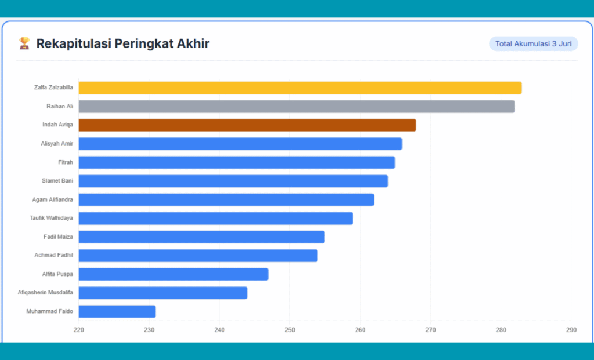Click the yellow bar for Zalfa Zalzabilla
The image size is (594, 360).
tap(300, 88)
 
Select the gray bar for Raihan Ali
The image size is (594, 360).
tap(296, 107)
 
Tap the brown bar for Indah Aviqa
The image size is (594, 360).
tap(247, 125)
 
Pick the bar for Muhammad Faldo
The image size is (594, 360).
tap(117, 312)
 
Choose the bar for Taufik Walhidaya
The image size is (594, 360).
tap(216, 219)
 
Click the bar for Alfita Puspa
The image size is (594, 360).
tap(173, 274)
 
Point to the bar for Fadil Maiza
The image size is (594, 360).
tap(201, 237)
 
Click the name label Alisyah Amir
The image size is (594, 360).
tap(57, 144)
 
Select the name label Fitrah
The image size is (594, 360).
tap(66, 162)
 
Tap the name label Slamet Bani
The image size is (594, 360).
tap(57, 181)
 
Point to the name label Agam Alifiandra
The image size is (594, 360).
tap(53, 200)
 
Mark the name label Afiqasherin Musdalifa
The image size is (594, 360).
tap(45, 293)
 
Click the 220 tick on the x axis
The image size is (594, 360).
tap(79, 330)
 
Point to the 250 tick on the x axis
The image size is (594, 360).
tap(290, 330)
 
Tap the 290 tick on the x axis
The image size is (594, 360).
tap(571, 330)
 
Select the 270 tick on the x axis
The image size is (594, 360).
tap(430, 330)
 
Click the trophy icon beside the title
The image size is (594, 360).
tap(24, 43)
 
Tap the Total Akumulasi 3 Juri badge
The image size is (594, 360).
tap(533, 44)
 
